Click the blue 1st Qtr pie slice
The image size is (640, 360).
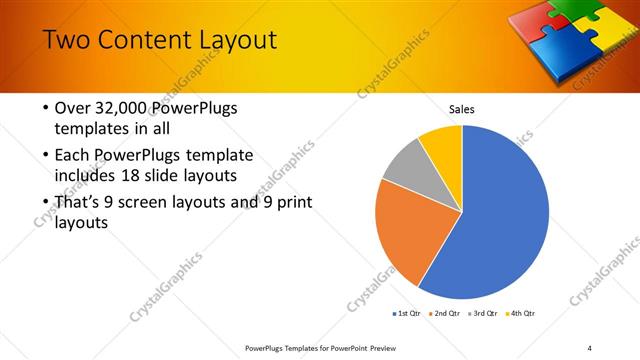(505, 215)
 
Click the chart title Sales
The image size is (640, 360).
(461, 109)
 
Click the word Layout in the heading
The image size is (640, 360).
(226, 41)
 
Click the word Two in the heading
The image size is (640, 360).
(66, 41)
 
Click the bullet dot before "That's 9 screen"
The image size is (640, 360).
(46, 203)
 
